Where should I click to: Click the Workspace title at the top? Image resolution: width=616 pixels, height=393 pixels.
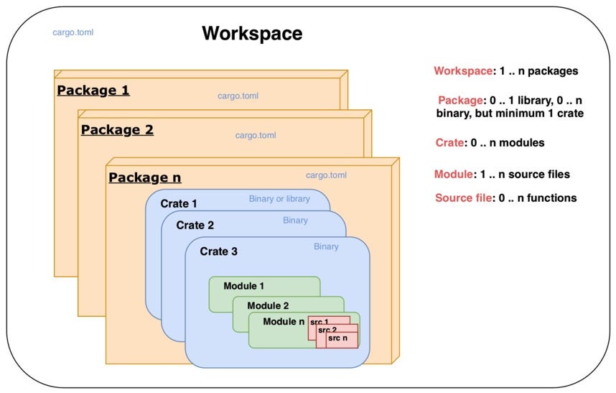pos(252,34)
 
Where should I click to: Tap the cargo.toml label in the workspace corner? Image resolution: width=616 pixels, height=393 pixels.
pos(73,32)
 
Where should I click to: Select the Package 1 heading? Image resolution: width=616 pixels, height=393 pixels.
pos(93,91)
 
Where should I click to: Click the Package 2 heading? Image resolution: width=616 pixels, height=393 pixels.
pos(117,130)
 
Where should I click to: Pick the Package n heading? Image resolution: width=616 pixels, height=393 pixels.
pos(144,177)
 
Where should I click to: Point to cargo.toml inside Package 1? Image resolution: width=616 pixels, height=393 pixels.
pos(238,96)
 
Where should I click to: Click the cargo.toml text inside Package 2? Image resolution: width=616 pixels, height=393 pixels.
pos(256,135)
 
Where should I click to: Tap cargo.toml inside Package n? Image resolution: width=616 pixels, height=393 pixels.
pos(326,175)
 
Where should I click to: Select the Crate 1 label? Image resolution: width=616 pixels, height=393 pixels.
pos(179,203)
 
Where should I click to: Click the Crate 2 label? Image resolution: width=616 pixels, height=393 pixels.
pos(195,225)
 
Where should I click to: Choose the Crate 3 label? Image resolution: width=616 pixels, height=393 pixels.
pos(219,251)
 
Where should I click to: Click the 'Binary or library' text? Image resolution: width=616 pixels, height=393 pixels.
pos(279,199)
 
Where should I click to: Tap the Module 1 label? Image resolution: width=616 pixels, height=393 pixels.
pos(243,286)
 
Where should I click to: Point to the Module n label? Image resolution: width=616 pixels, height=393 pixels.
pos(284,321)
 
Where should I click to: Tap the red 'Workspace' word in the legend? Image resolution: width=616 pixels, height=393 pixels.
pos(462,71)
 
